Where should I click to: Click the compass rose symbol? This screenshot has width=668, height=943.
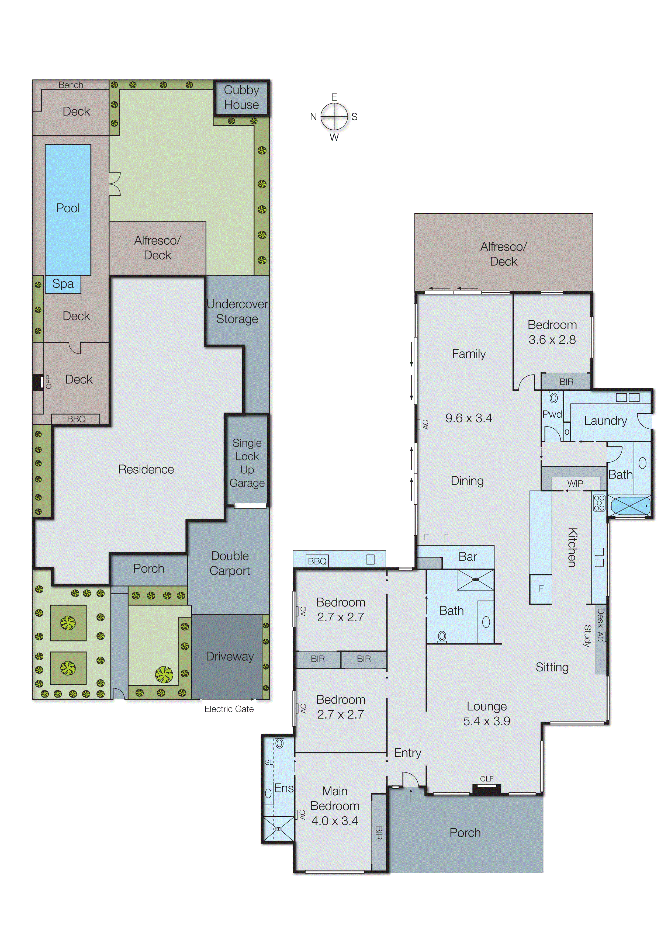point(334,116)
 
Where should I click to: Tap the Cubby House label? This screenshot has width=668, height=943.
point(241,98)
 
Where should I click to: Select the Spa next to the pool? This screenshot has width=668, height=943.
point(63,284)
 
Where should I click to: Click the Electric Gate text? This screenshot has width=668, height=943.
point(229,709)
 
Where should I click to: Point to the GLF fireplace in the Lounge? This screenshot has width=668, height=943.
point(487,788)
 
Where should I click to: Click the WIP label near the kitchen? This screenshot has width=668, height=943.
point(575,484)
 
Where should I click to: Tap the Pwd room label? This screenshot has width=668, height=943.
point(552,414)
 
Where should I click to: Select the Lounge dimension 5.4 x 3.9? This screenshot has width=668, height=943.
point(487,721)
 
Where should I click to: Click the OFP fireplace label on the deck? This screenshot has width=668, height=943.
point(49,382)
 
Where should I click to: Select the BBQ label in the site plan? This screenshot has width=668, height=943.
point(76,419)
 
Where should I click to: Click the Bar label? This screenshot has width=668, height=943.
point(468,556)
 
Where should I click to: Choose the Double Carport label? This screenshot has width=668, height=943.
point(230,563)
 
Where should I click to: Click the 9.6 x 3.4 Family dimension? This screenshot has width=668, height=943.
point(469,418)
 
